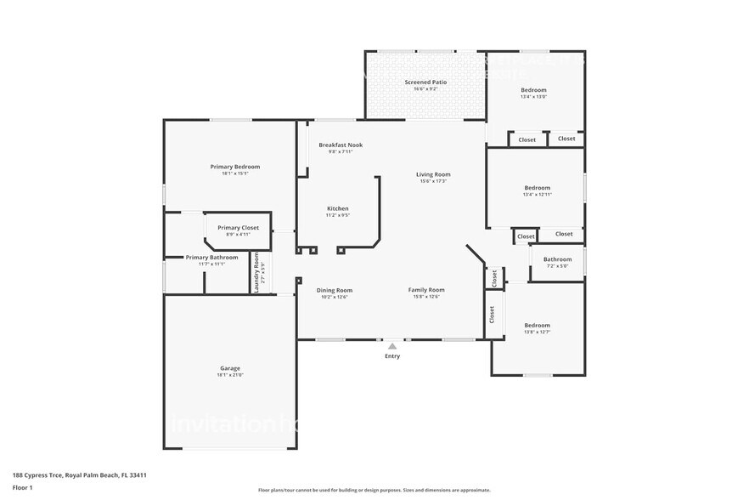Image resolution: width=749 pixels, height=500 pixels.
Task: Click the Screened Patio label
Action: point(425,82)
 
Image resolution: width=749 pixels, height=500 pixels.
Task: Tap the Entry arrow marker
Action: point(391,346)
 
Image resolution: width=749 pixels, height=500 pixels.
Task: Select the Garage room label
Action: point(229,368)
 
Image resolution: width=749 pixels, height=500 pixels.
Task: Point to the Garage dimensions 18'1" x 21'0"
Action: point(229,376)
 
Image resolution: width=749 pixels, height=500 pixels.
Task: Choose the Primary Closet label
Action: point(238,227)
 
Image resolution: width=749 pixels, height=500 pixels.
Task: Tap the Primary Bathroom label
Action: point(211,257)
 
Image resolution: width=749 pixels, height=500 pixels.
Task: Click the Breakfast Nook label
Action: point(341,145)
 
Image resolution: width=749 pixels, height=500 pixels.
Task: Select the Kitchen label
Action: point(338,208)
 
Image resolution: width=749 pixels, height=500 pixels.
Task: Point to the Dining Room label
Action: point(335,290)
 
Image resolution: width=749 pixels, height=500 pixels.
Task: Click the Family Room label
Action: point(426,290)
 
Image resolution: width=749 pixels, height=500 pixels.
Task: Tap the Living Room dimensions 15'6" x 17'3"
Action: point(433,181)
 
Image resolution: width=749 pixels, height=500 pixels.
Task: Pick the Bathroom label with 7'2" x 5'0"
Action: point(558,259)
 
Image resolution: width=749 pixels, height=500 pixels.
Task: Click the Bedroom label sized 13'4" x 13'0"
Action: point(533,89)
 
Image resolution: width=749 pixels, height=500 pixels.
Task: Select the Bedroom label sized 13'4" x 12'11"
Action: point(537,188)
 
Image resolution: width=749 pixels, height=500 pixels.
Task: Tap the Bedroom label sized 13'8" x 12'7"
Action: point(537,325)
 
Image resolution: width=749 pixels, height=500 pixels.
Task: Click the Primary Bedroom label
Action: point(235,167)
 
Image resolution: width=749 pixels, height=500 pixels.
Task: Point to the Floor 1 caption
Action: point(22,487)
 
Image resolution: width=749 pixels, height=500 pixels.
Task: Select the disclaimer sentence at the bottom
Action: point(374,490)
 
